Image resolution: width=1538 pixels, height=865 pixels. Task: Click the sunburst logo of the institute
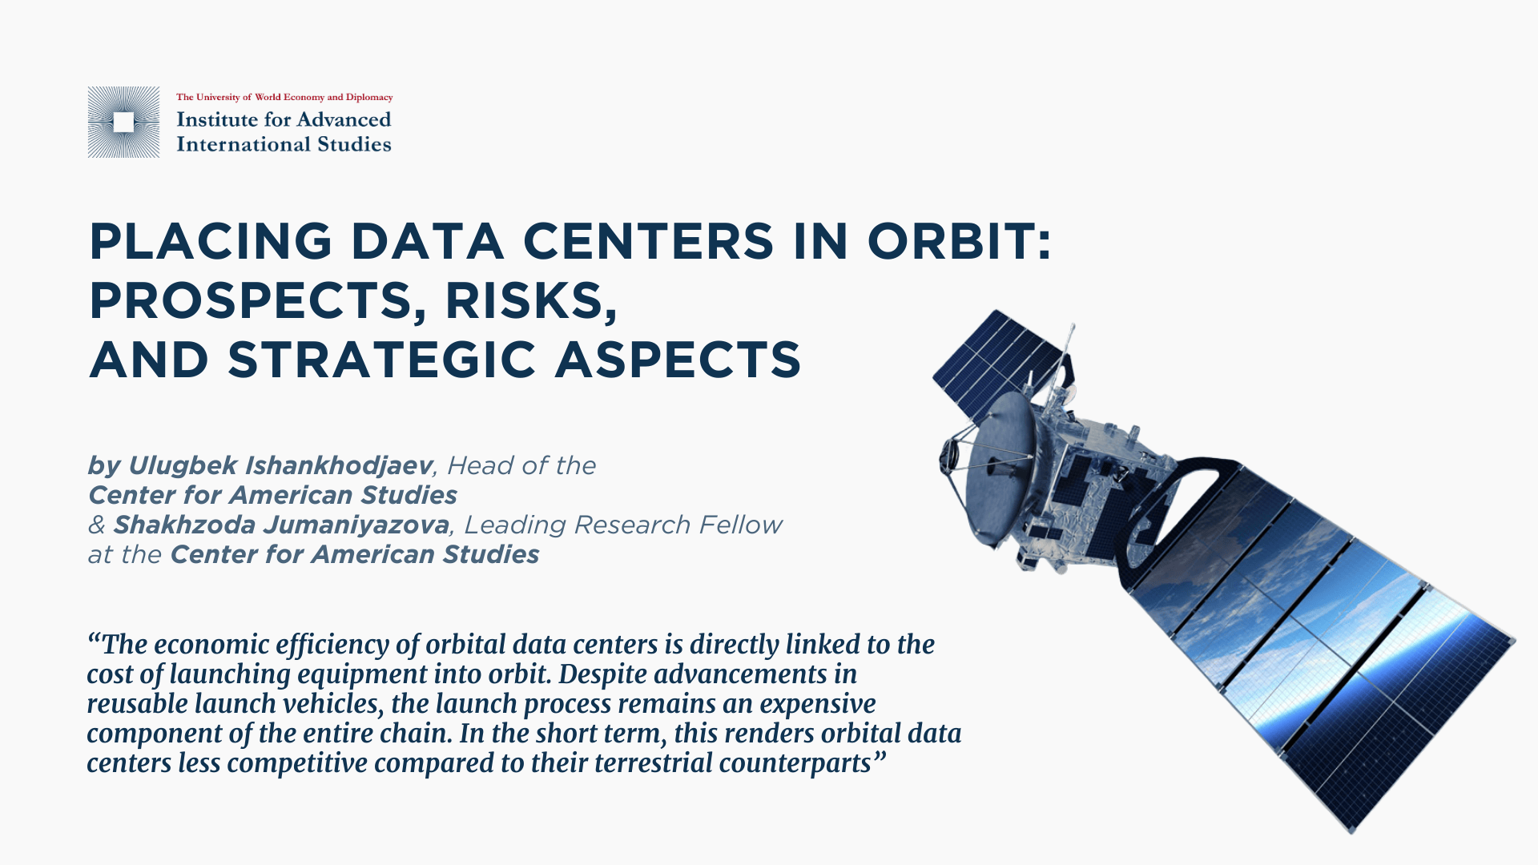(x=123, y=122)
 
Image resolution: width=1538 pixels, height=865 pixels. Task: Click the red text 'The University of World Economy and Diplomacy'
(x=284, y=97)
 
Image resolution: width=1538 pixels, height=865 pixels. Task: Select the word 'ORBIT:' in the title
(x=960, y=241)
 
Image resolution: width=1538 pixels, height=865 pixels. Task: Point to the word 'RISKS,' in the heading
(x=532, y=302)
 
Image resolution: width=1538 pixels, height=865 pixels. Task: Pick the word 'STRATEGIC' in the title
(x=382, y=359)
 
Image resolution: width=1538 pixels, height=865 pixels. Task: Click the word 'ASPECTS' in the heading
(x=678, y=359)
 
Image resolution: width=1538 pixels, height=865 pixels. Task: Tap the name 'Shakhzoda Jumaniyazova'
(x=281, y=525)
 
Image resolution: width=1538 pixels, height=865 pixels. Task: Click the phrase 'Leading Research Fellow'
(x=623, y=525)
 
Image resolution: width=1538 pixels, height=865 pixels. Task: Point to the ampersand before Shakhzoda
(x=97, y=525)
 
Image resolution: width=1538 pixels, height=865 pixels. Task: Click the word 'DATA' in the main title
(x=428, y=241)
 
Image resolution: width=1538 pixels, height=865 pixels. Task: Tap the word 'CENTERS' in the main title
(x=649, y=241)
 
